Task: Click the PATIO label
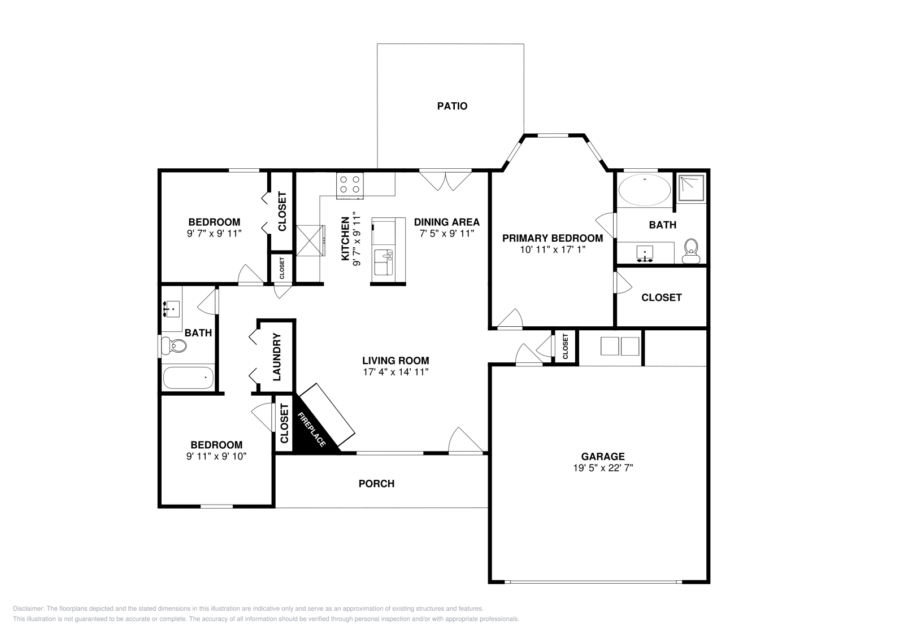click(452, 106)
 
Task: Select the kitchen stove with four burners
click(350, 186)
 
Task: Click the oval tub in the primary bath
click(645, 190)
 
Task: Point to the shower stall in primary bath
click(692, 187)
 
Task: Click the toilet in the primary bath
click(691, 251)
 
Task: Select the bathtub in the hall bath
click(189, 377)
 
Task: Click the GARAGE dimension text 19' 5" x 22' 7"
click(603, 468)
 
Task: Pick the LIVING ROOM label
click(395, 360)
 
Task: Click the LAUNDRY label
click(277, 357)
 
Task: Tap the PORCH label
click(376, 483)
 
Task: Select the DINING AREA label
click(447, 222)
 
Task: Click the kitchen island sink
click(384, 262)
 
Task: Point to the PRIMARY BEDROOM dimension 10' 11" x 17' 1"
click(553, 250)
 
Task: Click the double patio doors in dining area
click(445, 181)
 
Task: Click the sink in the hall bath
click(172, 308)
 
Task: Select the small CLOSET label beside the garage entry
click(566, 346)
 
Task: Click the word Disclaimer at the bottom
click(29, 609)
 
